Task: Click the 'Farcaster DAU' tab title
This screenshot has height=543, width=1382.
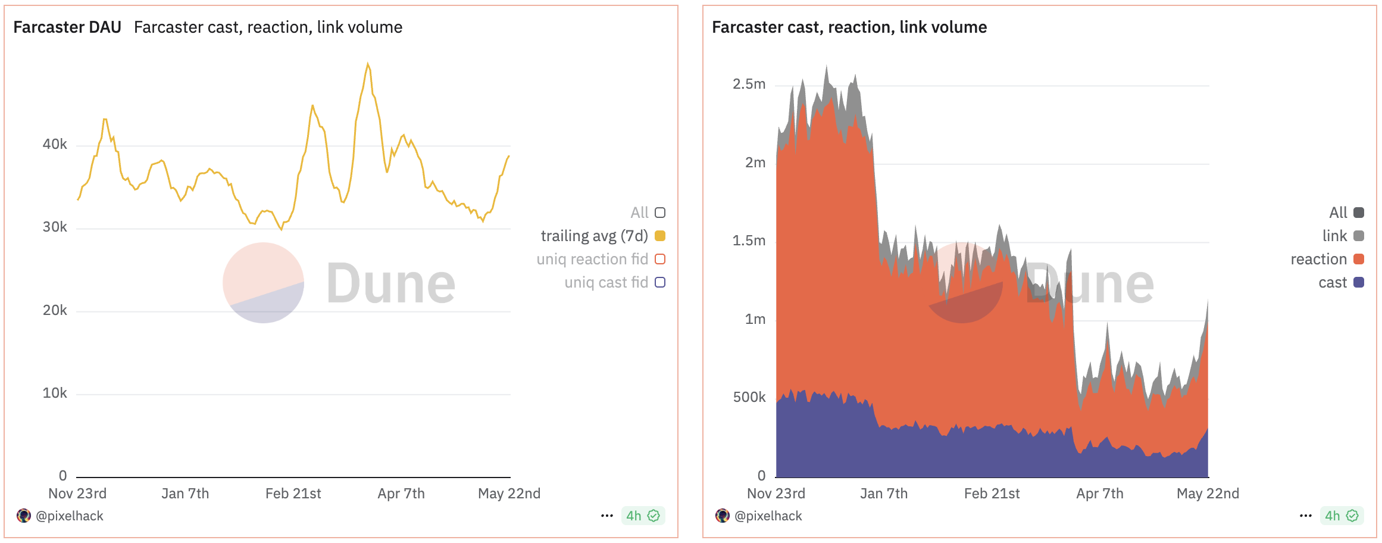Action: pyautogui.click(x=67, y=27)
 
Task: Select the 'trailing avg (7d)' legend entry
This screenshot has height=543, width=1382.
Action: pyautogui.click(x=594, y=236)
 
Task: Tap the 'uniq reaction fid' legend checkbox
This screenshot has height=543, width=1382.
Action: pyautogui.click(x=659, y=259)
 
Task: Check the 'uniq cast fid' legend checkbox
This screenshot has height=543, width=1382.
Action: pyautogui.click(x=659, y=282)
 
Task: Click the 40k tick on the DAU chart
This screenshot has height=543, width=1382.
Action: pyautogui.click(x=55, y=144)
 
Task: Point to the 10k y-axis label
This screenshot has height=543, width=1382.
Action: pyautogui.click(x=55, y=393)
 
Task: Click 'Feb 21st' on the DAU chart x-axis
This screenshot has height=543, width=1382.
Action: pyautogui.click(x=293, y=494)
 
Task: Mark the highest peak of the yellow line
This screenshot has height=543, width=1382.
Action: pyautogui.click(x=368, y=64)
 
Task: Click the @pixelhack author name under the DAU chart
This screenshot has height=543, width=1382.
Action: pyautogui.click(x=70, y=516)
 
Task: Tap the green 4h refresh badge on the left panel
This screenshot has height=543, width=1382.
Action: pyautogui.click(x=642, y=516)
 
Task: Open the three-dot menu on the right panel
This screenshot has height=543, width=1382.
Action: pyautogui.click(x=1305, y=516)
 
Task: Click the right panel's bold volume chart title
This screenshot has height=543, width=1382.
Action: pyautogui.click(x=849, y=27)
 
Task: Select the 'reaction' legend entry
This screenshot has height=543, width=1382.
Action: pyautogui.click(x=1318, y=259)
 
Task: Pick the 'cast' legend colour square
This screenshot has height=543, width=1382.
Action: pyautogui.click(x=1358, y=282)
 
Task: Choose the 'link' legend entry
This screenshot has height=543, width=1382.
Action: pyautogui.click(x=1334, y=236)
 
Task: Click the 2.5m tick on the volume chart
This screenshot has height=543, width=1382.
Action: pyautogui.click(x=749, y=84)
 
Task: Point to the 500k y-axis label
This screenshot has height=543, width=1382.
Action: pyautogui.click(x=749, y=397)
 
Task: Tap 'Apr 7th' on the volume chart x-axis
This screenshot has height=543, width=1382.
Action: pyautogui.click(x=1099, y=494)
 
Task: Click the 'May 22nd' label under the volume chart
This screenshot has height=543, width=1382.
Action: pyautogui.click(x=1208, y=494)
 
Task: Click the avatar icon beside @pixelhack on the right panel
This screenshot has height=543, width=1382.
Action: pyautogui.click(x=723, y=516)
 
